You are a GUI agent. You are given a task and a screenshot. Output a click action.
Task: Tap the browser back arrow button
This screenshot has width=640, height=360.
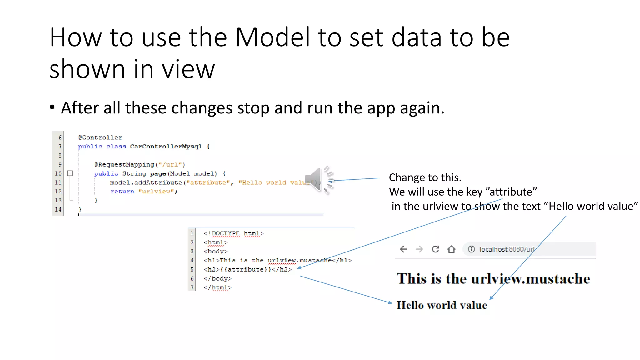[403, 249]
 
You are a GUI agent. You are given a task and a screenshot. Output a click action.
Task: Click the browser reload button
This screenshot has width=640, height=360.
[435, 249]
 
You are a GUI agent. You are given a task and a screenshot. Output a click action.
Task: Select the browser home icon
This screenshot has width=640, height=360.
[451, 249]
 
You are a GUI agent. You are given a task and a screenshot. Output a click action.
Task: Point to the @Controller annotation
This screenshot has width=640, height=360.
[100, 137]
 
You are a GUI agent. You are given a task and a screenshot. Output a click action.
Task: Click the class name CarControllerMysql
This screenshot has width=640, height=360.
[166, 147]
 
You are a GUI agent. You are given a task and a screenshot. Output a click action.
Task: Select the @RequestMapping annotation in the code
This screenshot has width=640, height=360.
[124, 164]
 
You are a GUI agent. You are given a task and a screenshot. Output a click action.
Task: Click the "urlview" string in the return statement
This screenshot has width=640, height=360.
[156, 192]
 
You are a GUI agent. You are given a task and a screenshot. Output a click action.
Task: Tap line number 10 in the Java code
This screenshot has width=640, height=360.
[58, 173]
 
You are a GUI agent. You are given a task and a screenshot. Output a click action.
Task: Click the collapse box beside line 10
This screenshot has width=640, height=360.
[70, 173]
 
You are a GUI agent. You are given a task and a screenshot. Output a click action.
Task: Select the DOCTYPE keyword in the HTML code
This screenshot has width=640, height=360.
[226, 233]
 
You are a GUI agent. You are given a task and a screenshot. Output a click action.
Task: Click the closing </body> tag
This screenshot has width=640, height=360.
[217, 278]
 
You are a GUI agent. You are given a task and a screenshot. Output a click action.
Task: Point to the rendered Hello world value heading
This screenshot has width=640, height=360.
[442, 305]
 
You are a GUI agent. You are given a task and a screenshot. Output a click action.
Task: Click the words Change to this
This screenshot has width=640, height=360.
[425, 177]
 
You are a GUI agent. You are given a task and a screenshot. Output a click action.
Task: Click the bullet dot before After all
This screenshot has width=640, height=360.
[52, 107]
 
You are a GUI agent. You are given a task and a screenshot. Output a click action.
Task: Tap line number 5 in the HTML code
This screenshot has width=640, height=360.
[192, 269]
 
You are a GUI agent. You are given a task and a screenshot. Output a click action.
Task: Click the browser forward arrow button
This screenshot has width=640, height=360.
[419, 249]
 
